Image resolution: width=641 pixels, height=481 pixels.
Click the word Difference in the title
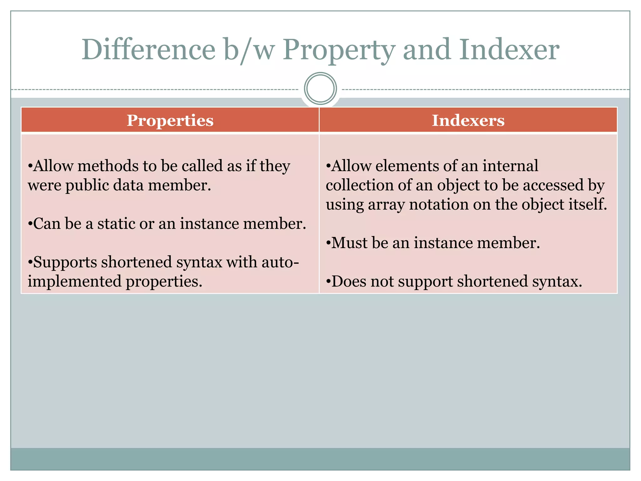(148, 50)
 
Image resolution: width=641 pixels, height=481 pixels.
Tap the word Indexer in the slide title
(509, 50)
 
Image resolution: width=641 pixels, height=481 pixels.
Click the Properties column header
(170, 121)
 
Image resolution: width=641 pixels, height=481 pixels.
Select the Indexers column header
(468, 121)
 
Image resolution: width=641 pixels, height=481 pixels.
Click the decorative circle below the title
(320, 89)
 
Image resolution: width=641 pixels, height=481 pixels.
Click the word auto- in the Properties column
(280, 262)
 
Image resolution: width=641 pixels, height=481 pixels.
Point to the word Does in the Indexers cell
(349, 282)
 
